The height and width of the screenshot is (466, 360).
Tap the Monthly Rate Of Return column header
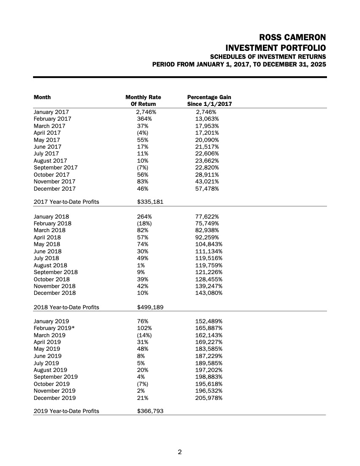[143, 100]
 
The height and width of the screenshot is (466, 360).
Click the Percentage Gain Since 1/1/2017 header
[209, 100]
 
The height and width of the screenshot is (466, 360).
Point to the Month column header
[42, 97]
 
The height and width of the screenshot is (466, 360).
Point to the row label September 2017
[55, 168]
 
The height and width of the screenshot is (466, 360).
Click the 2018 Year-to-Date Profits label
[66, 307]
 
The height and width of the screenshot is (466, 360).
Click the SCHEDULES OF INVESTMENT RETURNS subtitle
[268, 57]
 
